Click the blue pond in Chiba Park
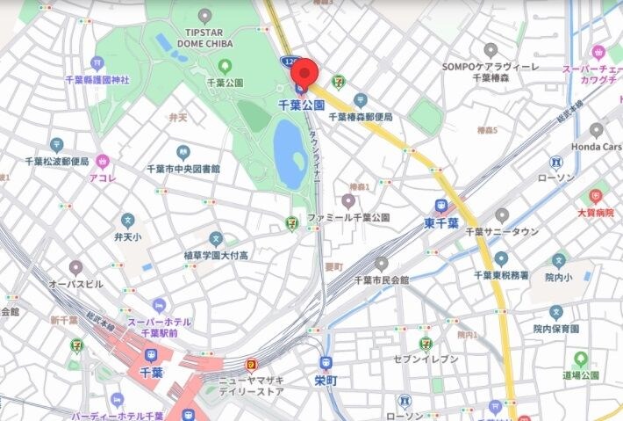pos(289,153)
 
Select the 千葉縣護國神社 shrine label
pos(97,80)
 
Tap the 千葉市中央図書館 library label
pos(183,168)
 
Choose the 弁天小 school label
pos(127,236)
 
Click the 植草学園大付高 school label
pos(216,254)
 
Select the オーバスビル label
pos(75,284)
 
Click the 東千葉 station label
pos(441,222)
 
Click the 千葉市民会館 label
pos(381,279)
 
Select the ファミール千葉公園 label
pos(347,216)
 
